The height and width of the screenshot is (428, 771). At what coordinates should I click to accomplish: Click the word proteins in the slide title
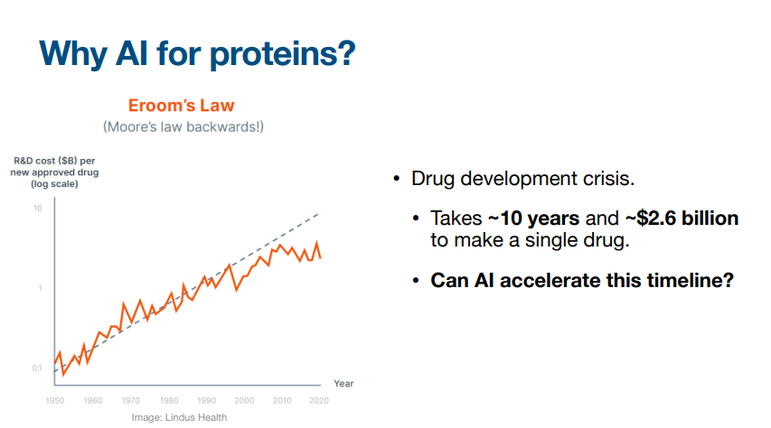(x=282, y=54)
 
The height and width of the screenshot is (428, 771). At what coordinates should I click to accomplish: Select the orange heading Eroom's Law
(x=181, y=105)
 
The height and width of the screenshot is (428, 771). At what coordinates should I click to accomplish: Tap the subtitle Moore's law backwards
(x=183, y=126)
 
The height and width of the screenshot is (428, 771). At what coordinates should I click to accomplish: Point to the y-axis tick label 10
(x=38, y=209)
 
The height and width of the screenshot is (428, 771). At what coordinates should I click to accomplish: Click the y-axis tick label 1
(x=41, y=288)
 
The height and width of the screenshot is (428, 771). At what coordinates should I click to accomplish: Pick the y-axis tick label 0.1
(x=37, y=368)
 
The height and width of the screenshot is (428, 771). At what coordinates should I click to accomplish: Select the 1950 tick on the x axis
(x=55, y=401)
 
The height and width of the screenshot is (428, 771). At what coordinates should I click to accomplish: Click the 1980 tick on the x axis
(x=169, y=401)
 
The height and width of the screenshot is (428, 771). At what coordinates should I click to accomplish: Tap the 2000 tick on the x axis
(x=244, y=401)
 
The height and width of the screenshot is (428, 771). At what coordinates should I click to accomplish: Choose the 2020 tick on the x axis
(x=319, y=401)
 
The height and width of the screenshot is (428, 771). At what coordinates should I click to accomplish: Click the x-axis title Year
(x=343, y=383)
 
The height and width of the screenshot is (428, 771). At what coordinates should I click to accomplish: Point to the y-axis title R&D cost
(x=54, y=172)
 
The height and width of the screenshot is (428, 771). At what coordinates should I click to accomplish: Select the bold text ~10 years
(x=533, y=219)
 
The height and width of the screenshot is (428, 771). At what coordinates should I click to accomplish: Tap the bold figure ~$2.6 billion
(x=682, y=219)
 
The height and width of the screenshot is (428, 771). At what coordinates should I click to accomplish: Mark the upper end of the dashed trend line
(x=319, y=214)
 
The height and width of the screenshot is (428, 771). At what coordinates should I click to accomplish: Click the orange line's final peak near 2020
(x=316, y=243)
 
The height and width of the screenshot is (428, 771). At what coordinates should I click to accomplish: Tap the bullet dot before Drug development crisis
(x=397, y=179)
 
